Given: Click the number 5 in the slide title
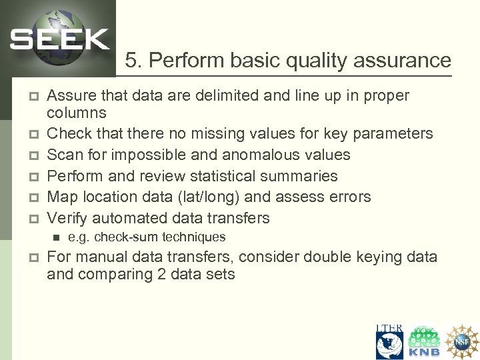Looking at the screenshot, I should (131, 61).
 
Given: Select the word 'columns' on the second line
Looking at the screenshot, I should (76, 113).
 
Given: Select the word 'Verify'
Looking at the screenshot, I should (67, 218).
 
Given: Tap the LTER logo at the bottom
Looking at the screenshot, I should (389, 342).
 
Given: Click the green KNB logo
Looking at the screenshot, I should (425, 342).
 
